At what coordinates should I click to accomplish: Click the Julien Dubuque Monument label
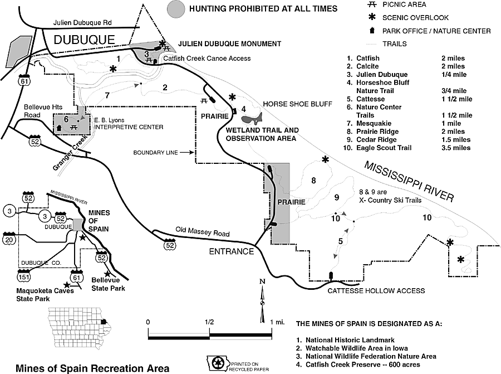coord(229,44)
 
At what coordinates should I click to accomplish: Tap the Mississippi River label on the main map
coord(409,181)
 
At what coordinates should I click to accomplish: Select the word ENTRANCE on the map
coord(231,251)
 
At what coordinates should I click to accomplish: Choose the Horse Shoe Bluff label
coord(297,104)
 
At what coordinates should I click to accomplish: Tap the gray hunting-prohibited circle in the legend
coord(176,9)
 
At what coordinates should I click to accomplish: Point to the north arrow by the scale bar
coord(262,302)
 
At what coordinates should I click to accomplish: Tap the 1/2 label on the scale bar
coord(209,322)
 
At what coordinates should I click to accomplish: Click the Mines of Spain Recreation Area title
coord(92,368)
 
